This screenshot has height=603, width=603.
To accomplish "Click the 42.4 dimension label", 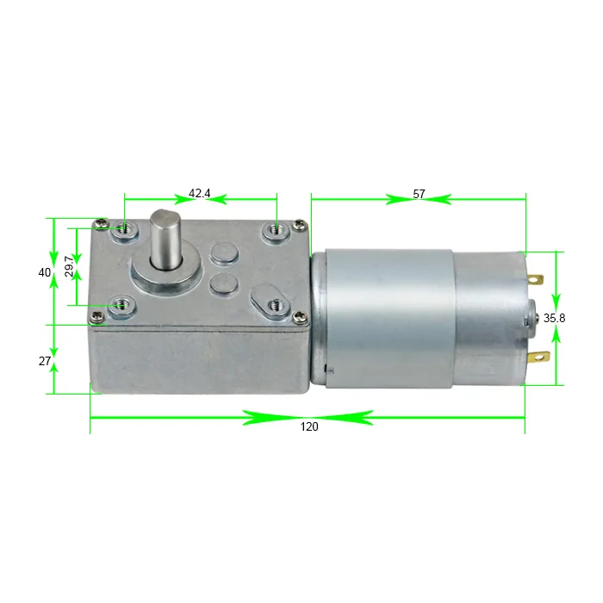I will click(x=200, y=194).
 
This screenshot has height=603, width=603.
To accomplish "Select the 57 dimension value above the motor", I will click(x=419, y=194).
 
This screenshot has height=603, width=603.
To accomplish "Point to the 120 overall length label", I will click(x=308, y=427).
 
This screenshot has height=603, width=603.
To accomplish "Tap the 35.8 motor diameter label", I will click(x=554, y=318).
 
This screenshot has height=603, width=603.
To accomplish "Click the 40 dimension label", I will click(x=45, y=272).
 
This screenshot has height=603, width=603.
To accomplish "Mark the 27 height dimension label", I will click(x=45, y=361).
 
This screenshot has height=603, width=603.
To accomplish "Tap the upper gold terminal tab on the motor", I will click(x=537, y=280).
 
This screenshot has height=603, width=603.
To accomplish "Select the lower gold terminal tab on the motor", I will click(x=539, y=356).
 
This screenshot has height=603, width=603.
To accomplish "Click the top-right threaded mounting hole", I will click(x=277, y=229).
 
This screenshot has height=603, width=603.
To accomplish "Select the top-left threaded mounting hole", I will click(x=126, y=229).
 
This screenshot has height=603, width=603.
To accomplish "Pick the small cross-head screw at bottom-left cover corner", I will click(x=98, y=317).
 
